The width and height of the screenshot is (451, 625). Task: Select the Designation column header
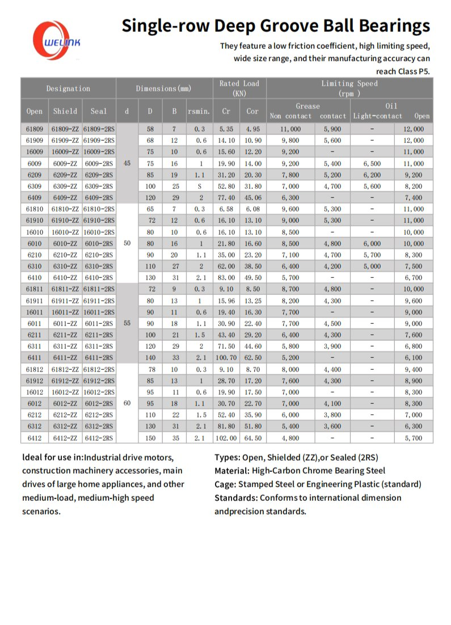[x=68, y=88]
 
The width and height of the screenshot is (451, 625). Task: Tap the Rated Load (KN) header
[x=239, y=88]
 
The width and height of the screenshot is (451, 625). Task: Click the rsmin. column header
[x=199, y=111]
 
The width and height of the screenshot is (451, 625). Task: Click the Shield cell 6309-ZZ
[x=65, y=186]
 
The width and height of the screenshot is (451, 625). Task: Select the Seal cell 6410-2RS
[x=99, y=278]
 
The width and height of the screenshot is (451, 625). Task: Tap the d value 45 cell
[x=127, y=163]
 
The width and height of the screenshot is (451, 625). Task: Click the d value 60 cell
[x=127, y=404]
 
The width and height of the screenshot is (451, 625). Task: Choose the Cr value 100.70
[x=226, y=358]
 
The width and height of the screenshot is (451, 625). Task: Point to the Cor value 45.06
[x=252, y=197]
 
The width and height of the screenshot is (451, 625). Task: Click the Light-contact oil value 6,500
[x=372, y=163]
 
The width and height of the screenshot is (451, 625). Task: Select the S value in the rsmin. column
[x=200, y=186]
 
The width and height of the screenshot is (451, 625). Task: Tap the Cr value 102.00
[x=226, y=438]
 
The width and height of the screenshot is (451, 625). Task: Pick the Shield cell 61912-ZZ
[x=65, y=381]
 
